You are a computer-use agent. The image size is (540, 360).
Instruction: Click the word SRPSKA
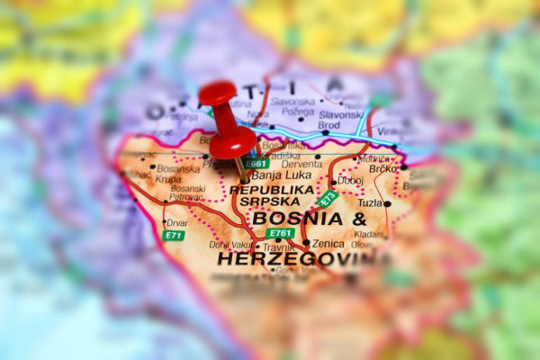point(269,202)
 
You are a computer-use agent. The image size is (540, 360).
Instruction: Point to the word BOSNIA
point(297,219)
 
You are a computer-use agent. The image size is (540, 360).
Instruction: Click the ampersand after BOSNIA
point(358,219)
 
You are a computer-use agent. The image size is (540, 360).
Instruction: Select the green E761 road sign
point(280,233)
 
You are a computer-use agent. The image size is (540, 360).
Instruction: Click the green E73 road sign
point(328,197)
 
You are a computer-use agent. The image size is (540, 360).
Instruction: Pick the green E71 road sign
point(173,235)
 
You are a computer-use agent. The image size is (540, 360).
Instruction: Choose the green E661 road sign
point(256,164)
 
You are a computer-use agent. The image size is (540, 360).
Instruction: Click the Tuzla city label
point(370,203)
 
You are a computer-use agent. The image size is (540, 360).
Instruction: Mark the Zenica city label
point(328,243)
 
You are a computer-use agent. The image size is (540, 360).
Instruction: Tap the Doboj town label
point(350,181)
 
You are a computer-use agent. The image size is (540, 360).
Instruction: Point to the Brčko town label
point(383,168)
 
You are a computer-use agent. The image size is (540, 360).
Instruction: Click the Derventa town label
point(301,164)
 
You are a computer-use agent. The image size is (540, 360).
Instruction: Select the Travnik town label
point(280,246)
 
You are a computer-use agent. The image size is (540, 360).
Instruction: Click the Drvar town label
point(176,221)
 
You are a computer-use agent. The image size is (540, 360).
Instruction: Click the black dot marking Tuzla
point(388,203)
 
